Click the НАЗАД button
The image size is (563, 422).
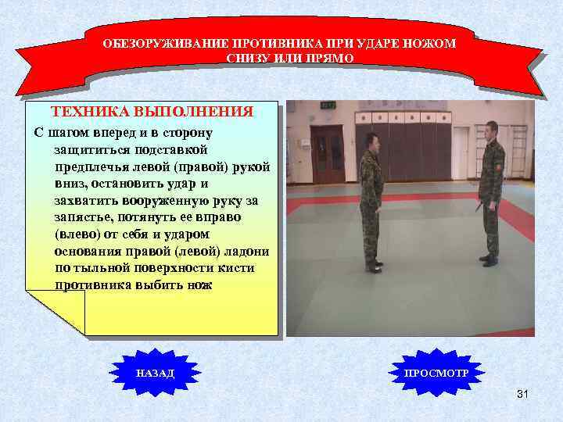point(156,374)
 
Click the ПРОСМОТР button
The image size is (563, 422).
point(436,374)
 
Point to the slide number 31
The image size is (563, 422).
point(522,395)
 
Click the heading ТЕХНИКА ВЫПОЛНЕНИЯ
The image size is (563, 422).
point(152,112)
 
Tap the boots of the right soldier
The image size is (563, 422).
point(489,259)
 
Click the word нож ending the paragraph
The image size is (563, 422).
point(199,285)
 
